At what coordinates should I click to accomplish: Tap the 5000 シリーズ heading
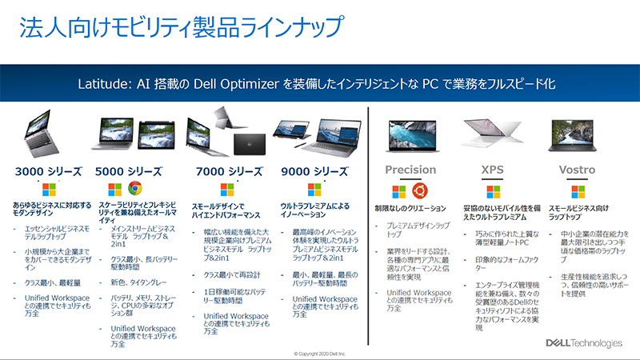(129, 171)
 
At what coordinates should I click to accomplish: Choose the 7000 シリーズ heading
(228, 171)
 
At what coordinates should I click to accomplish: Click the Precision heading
(410, 170)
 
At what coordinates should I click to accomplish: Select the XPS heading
(491, 170)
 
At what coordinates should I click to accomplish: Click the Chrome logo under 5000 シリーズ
(134, 189)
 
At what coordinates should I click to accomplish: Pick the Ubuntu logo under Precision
(421, 190)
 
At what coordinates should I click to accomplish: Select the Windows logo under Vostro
(580, 190)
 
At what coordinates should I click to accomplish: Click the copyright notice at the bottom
(319, 352)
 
